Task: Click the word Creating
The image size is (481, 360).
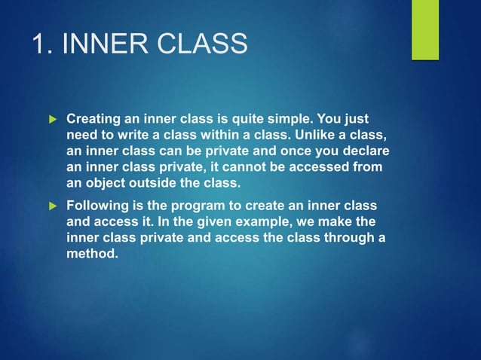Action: [94, 119]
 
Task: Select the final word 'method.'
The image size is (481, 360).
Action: [92, 254]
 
